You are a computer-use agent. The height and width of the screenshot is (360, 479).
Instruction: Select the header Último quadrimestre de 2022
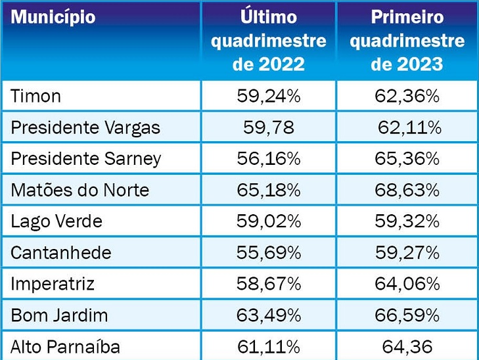coord(268,41)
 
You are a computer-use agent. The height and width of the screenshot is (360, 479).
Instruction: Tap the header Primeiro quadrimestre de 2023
coord(407,41)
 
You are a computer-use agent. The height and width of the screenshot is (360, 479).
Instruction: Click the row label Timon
coord(36,96)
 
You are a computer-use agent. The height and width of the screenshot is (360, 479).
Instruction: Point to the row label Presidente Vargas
coord(85,127)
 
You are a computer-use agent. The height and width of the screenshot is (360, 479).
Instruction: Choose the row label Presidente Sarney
coord(86,159)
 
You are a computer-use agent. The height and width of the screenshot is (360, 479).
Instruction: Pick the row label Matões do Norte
coord(80,191)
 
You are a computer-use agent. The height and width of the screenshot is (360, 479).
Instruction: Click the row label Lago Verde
coord(57,221)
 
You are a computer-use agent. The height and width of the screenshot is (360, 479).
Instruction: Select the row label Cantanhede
coord(61,253)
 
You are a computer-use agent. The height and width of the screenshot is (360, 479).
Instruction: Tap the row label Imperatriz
coord(53,284)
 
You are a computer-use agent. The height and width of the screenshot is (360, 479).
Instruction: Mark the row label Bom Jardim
coord(59,315)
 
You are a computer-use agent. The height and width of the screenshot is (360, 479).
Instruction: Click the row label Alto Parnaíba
coord(66,346)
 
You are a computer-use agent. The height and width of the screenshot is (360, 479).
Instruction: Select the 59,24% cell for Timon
coord(268,97)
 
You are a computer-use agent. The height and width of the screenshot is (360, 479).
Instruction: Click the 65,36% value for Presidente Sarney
coord(407,159)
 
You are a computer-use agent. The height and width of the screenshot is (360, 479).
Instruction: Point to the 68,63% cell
coord(407,191)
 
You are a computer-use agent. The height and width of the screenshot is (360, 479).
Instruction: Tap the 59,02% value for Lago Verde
coord(268,221)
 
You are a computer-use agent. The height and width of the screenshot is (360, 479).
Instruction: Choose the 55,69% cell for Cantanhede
coord(268,253)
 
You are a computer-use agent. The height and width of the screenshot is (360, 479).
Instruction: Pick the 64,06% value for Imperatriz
coord(407,284)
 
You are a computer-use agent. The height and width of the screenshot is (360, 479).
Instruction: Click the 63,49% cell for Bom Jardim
coord(268,315)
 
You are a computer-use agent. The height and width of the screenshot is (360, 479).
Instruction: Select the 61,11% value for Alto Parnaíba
coord(268,346)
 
